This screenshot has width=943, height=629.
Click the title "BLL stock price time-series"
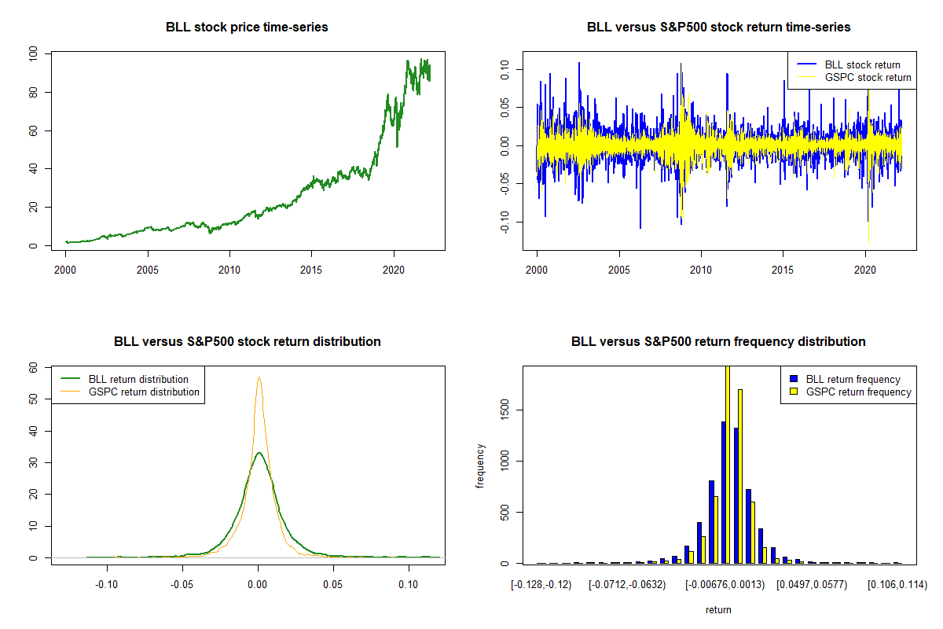click(x=247, y=28)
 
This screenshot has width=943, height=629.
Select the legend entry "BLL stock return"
click(x=862, y=64)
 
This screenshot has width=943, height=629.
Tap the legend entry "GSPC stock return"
click(x=868, y=77)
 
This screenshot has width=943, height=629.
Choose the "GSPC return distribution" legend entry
click(x=144, y=392)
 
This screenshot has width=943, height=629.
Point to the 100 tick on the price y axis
click(x=33, y=53)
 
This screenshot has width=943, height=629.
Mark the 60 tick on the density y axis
click(x=33, y=367)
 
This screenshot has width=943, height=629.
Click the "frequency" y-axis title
click(x=480, y=466)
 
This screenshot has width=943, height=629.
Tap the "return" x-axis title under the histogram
click(x=718, y=609)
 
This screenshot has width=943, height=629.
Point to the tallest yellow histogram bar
click(x=728, y=464)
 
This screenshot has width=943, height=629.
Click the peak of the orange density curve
click(x=259, y=377)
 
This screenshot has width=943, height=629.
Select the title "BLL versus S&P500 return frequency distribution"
click(x=718, y=342)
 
